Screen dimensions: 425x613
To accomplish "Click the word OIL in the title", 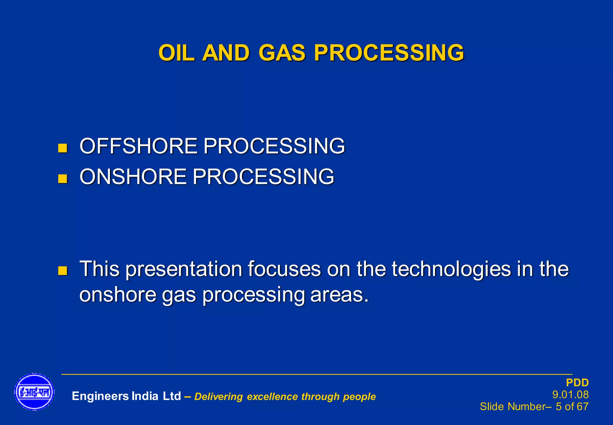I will click(x=177, y=53).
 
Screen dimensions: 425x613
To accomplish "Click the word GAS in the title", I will click(x=281, y=53).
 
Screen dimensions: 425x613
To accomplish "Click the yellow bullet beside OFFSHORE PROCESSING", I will click(x=63, y=148).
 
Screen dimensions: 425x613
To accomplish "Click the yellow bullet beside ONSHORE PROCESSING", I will click(x=63, y=179).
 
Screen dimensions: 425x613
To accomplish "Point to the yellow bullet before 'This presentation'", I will click(x=63, y=271).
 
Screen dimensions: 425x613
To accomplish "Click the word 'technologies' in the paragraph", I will click(x=451, y=269).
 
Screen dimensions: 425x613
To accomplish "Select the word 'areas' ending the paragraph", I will click(x=336, y=295).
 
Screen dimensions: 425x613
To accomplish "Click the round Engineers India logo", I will click(x=34, y=392).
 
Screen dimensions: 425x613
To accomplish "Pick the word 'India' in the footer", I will click(x=145, y=396).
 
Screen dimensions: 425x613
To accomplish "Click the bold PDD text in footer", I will click(x=577, y=383).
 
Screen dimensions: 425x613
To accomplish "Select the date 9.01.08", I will click(x=570, y=394).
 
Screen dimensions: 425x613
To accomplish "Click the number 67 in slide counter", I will click(x=582, y=406).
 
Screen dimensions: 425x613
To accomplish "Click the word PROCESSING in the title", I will click(x=389, y=53).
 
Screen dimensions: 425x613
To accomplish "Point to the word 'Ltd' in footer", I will click(x=172, y=396).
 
